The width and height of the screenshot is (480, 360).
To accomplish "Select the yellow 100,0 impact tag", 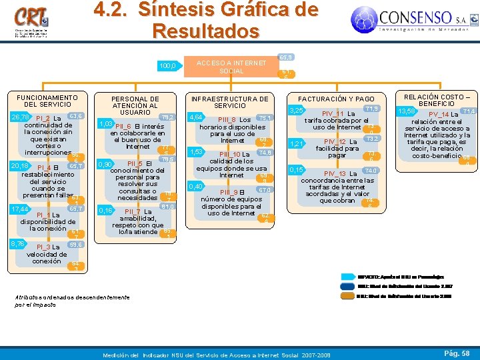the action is [167, 66].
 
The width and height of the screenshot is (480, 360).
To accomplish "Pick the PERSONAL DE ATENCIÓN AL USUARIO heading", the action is [135, 104].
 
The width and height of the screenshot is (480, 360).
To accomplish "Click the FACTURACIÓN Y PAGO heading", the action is [336, 98].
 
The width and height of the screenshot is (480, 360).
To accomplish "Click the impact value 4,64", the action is [196, 117].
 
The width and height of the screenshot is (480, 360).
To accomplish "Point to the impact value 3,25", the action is [297, 111].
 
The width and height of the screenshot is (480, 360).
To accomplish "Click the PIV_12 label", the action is [339, 141].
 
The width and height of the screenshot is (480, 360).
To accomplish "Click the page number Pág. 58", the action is [457, 352].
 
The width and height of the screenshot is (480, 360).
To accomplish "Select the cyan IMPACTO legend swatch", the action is [347, 275].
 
